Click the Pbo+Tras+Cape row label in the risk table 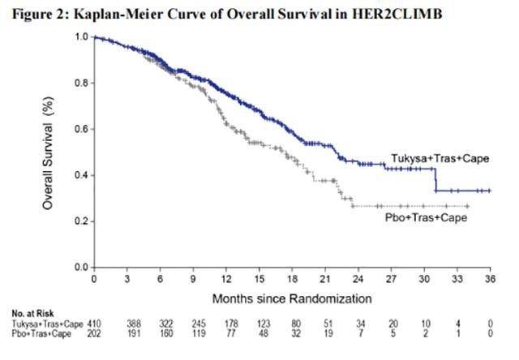39,332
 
